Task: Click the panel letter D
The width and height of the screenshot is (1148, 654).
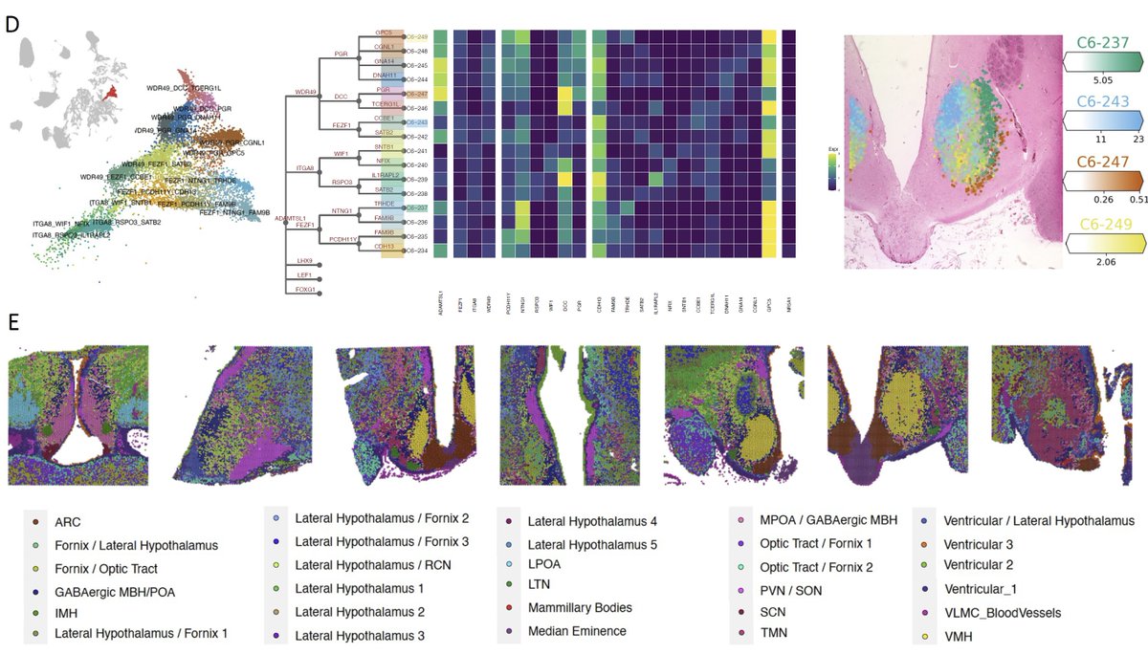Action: (11, 24)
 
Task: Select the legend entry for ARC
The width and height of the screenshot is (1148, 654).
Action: (67, 523)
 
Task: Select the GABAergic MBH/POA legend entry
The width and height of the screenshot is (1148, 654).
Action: (116, 592)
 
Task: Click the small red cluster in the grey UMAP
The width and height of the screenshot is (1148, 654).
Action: (111, 93)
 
